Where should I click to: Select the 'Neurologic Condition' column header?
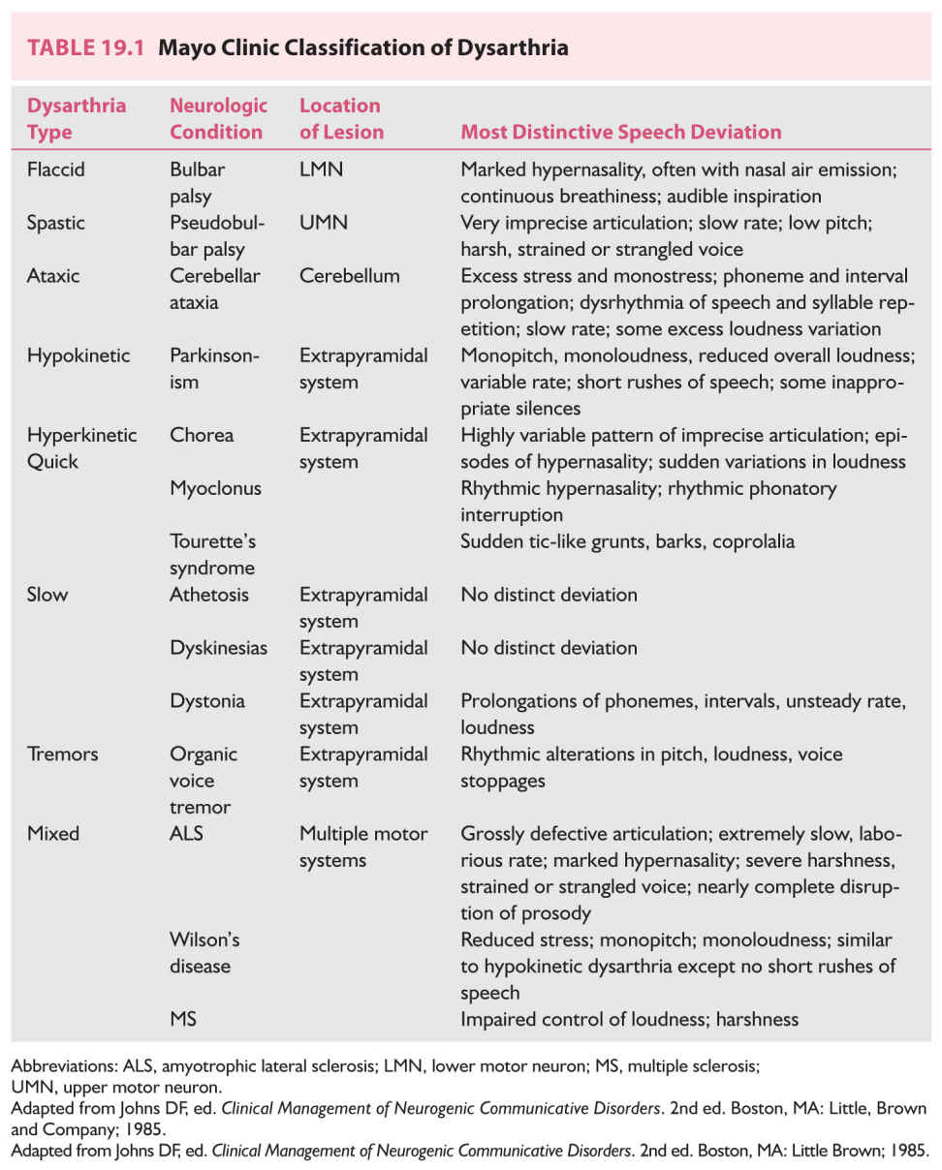tap(218, 118)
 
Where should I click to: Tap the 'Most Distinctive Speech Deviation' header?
tap(620, 132)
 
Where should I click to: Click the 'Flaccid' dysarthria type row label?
tap(56, 169)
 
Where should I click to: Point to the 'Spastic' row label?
tap(56, 223)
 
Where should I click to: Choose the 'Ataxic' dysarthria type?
tap(53, 276)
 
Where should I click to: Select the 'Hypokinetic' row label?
tap(78, 355)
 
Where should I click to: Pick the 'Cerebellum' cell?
tap(349, 276)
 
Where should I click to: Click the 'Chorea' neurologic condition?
tap(202, 435)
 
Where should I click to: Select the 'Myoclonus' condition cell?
tap(215, 488)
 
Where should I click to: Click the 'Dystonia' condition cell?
tap(207, 700)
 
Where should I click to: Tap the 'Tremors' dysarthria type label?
tap(60, 754)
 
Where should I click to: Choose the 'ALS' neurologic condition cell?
tap(186, 833)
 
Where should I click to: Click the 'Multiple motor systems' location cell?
tap(362, 847)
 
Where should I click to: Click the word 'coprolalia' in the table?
tap(753, 541)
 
